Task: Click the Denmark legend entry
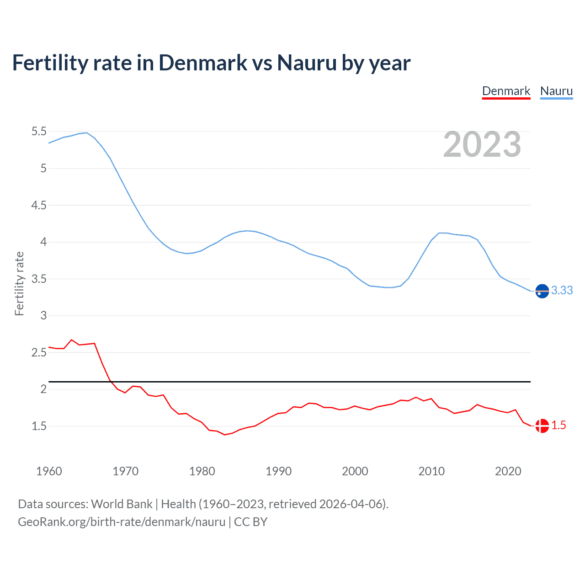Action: tap(506, 91)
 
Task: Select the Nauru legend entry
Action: tap(556, 91)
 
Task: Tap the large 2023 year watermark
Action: tap(482, 144)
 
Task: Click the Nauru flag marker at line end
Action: tap(542, 291)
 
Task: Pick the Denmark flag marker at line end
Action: tap(542, 426)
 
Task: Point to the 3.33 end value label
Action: tap(562, 290)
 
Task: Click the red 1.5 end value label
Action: tap(558, 425)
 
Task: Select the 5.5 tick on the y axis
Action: tap(39, 132)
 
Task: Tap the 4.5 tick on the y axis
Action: tap(39, 205)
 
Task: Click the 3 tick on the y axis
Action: tap(43, 315)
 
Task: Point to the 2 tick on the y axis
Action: tap(43, 389)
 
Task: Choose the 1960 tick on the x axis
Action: tap(49, 471)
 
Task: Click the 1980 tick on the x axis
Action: tap(202, 471)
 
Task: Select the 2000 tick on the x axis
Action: tap(355, 471)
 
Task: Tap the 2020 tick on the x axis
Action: tap(508, 471)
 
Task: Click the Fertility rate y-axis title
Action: tap(19, 283)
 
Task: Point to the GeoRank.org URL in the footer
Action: tap(122, 522)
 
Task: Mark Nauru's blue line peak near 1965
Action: tap(86, 133)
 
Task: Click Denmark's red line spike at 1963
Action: tap(71, 340)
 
